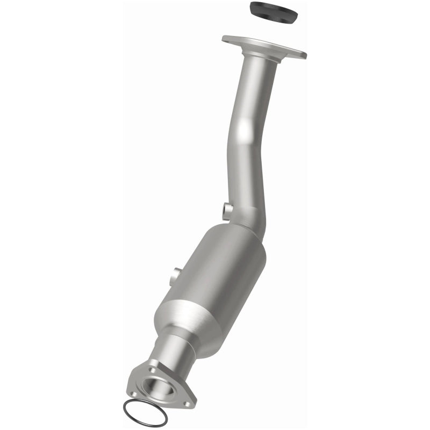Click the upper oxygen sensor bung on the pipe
tap(227, 209)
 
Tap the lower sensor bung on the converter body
tap(174, 277)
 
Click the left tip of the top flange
tap(225, 38)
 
